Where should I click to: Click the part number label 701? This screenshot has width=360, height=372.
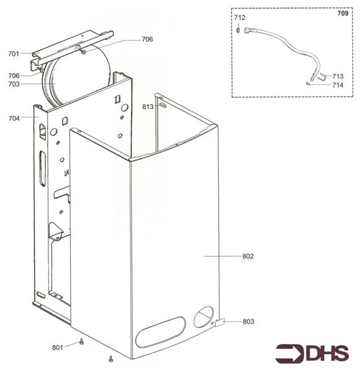pyautogui.click(x=14, y=53)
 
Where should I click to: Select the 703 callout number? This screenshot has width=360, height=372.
pyautogui.click(x=14, y=84)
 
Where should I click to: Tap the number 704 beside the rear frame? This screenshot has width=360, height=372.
pyautogui.click(x=14, y=118)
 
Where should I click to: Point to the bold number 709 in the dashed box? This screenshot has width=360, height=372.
pyautogui.click(x=342, y=14)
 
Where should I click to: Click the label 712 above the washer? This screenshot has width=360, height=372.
pyautogui.click(x=240, y=17)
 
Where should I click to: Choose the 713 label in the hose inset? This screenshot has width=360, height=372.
pyautogui.click(x=338, y=76)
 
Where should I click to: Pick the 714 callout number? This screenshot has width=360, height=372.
pyautogui.click(x=338, y=85)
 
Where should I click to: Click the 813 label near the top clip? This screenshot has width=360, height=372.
pyautogui.click(x=147, y=107)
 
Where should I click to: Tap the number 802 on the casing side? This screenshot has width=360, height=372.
pyautogui.click(x=248, y=256)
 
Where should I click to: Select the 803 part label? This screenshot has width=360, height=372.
pyautogui.click(x=248, y=321)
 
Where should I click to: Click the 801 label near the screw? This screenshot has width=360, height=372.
pyautogui.click(x=57, y=347)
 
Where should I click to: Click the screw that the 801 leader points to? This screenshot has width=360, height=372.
pyautogui.click(x=81, y=341)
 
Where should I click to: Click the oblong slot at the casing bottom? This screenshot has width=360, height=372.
pyautogui.click(x=160, y=332)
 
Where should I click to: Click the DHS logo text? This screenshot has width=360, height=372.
pyautogui.click(x=325, y=353)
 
